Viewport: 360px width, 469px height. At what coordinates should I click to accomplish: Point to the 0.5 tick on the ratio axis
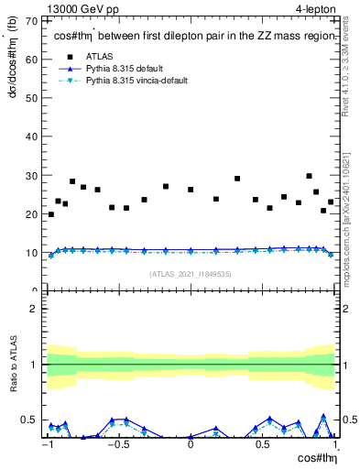click(x=31, y=420)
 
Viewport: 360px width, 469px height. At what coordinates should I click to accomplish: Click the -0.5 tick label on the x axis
click(x=117, y=445)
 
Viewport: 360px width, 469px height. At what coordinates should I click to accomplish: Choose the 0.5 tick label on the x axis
click(x=263, y=445)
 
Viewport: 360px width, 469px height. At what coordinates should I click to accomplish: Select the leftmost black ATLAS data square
click(x=51, y=214)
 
